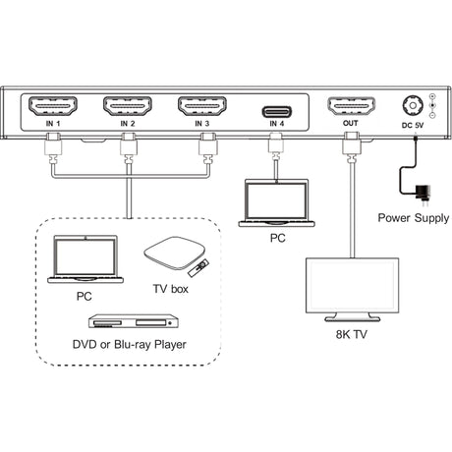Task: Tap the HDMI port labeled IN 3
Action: [x=205, y=107]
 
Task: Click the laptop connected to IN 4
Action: [x=275, y=203]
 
